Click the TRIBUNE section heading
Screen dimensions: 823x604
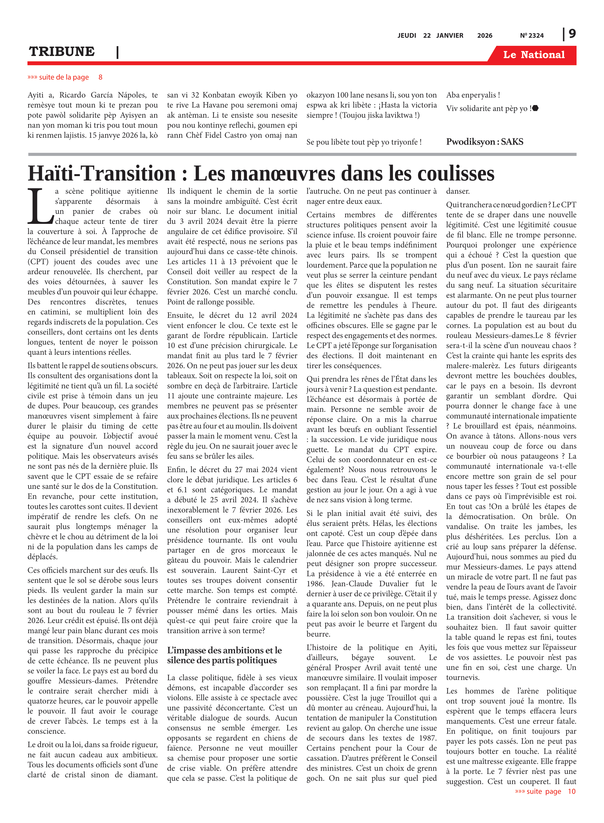pos(62,52)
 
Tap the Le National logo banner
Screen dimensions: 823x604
pos(533,55)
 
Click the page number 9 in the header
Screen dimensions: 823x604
pos(572,34)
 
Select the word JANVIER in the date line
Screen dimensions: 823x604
pos(450,35)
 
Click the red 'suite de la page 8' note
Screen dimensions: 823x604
pos(65,77)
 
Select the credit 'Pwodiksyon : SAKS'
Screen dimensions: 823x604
pos(485,142)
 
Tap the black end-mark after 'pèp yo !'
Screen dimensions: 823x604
pos(536,108)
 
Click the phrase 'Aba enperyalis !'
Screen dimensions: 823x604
pos(473,95)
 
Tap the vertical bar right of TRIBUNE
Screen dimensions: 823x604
pos(117,52)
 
